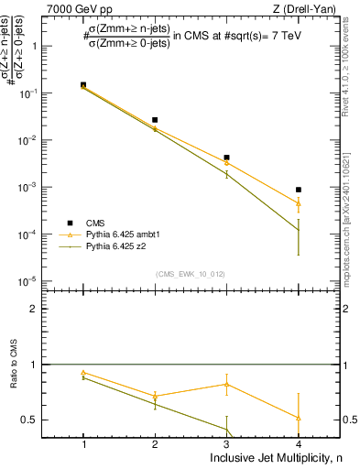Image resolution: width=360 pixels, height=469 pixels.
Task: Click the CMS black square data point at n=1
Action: (83, 85)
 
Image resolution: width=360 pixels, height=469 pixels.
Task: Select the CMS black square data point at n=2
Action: (155, 120)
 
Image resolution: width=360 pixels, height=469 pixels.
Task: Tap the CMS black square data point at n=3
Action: (226, 158)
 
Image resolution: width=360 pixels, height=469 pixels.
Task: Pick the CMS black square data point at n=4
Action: (299, 190)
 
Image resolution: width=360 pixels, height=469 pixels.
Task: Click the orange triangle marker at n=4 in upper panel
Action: (299, 203)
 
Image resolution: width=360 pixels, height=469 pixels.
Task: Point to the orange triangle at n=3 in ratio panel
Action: (226, 384)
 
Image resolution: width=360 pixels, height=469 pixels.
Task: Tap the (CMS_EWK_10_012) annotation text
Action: (191, 274)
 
